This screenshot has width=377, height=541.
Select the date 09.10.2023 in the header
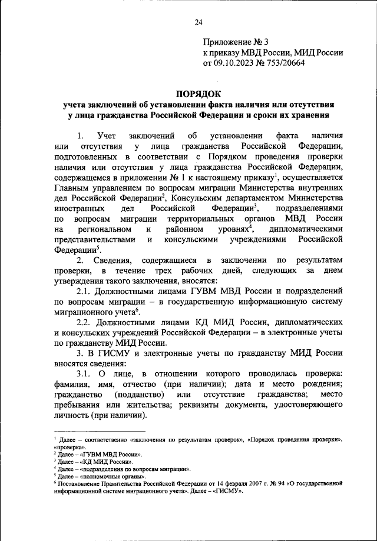tap(234, 63)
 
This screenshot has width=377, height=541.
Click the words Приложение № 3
tap(235, 42)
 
